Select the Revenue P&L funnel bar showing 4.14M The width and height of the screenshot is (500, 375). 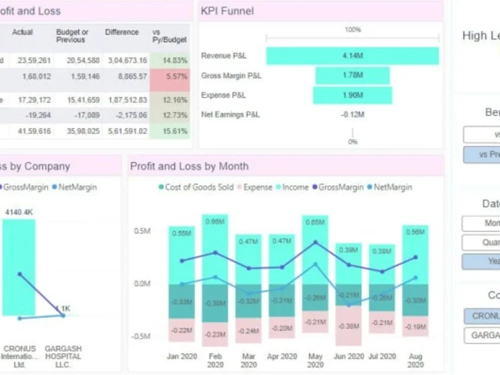(x=352, y=56)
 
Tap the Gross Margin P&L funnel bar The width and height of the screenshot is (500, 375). (x=352, y=75)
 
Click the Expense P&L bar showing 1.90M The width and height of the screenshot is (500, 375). (x=352, y=95)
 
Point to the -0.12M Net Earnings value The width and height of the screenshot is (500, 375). (x=352, y=114)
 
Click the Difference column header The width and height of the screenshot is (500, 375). (x=121, y=32)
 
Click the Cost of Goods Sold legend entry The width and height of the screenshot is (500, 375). (x=195, y=187)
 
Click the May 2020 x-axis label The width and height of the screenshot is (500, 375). (x=315, y=360)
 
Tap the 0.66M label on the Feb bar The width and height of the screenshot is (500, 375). (x=215, y=222)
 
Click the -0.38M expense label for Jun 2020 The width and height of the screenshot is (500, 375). (x=348, y=326)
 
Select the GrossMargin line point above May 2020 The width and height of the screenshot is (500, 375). (x=315, y=242)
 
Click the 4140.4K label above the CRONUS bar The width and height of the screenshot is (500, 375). (x=19, y=212)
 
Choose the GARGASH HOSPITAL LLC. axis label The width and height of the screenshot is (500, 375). (x=63, y=356)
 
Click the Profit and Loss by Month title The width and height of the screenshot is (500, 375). (x=189, y=166)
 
